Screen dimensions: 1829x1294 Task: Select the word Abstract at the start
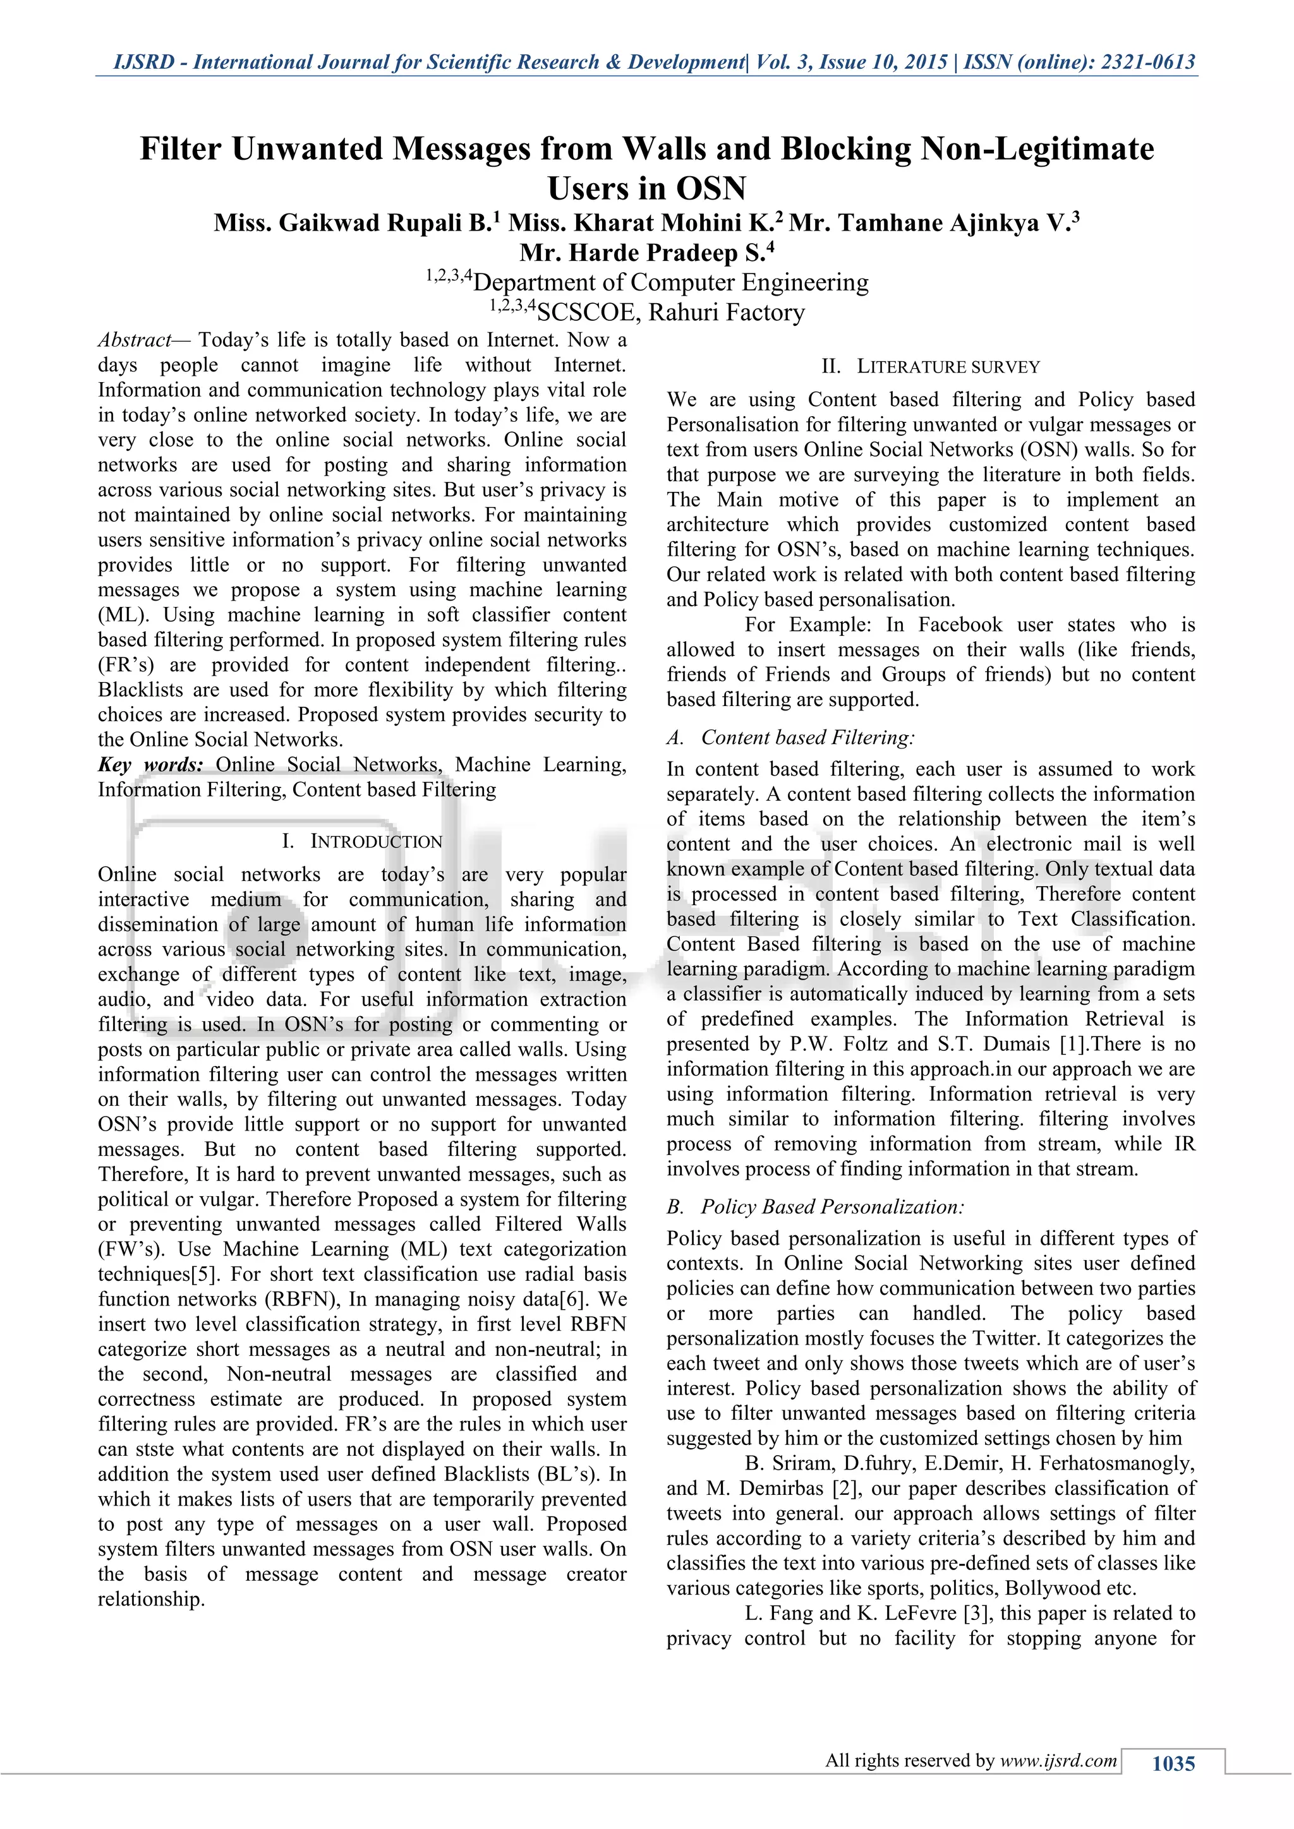[134, 340]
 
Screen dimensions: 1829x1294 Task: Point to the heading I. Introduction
[363, 842]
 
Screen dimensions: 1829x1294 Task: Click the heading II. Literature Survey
[931, 367]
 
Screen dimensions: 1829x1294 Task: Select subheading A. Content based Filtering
[791, 738]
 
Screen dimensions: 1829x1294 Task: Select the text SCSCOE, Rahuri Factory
[671, 312]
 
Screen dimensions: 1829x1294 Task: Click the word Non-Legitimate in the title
[1037, 149]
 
